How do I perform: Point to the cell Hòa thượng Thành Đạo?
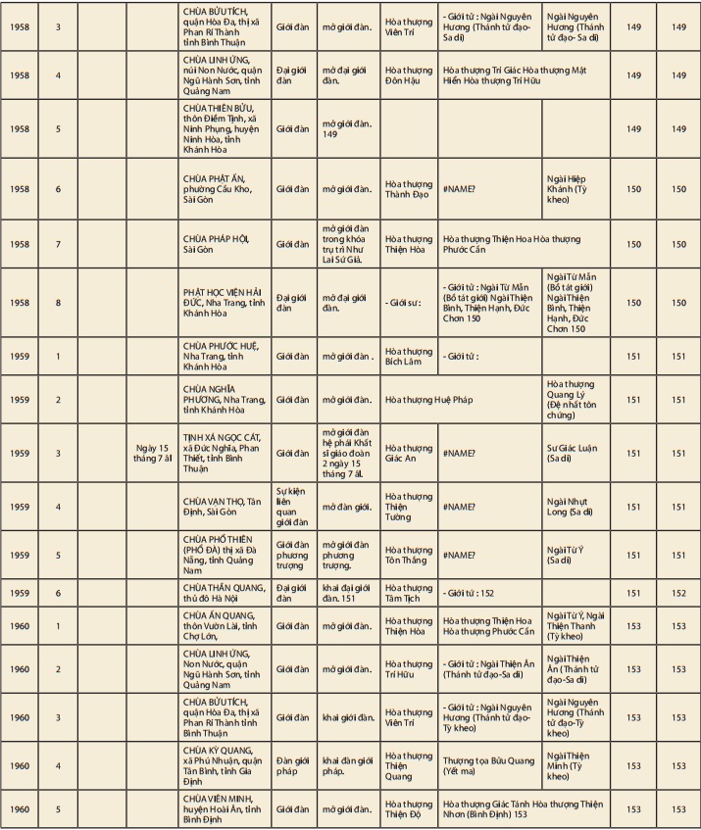[x=408, y=189]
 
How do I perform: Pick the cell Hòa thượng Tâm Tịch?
[x=408, y=593]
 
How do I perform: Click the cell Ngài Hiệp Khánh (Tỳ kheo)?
[x=576, y=189]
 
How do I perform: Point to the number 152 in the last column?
[x=678, y=593]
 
